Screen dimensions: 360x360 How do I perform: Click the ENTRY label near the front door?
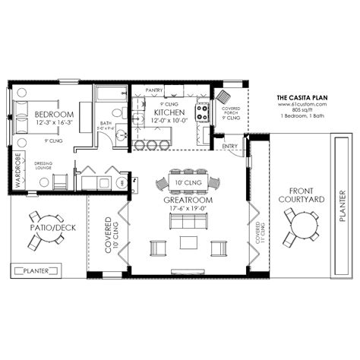(x=229, y=146)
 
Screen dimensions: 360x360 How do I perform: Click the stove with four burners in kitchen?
(x=204, y=112)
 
